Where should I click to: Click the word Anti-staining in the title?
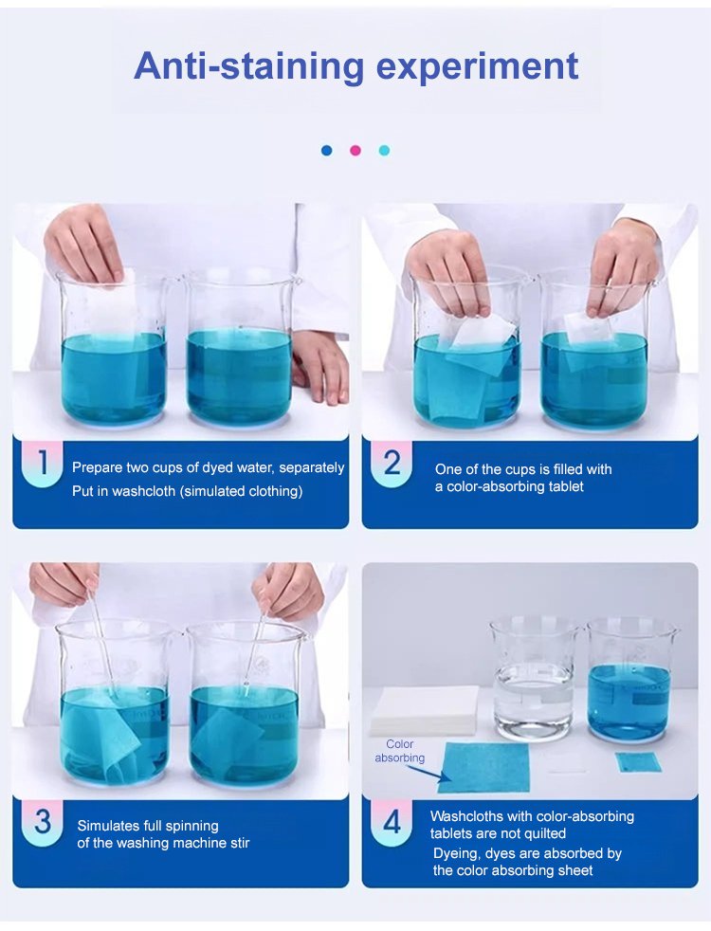coord(248,66)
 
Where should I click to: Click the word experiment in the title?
coord(477,67)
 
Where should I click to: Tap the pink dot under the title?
coord(355,150)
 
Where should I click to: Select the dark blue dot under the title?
coord(326,150)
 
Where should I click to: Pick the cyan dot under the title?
coord(384,150)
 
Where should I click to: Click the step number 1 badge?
coord(42,464)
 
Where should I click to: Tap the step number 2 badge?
coord(392,464)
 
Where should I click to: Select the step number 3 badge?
coord(42,822)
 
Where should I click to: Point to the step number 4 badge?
coord(392,822)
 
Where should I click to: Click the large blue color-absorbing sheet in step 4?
coord(483,767)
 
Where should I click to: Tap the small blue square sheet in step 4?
coord(638,762)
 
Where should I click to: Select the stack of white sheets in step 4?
coord(425,709)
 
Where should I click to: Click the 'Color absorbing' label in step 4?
coord(399,751)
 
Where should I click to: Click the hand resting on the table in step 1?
coord(322,365)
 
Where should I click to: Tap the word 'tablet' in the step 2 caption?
coord(563,486)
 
